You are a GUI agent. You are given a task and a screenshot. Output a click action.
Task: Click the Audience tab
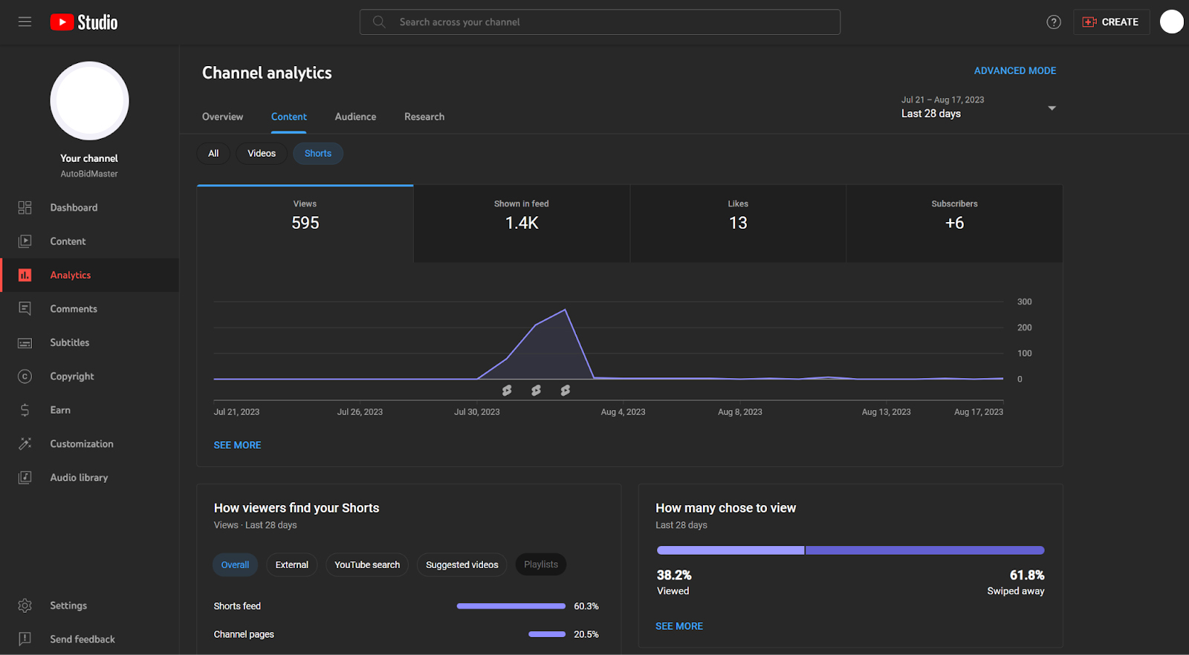coord(355,117)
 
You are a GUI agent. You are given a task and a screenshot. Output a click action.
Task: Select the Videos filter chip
coord(262,153)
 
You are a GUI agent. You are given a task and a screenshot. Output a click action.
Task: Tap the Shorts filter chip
coord(318,153)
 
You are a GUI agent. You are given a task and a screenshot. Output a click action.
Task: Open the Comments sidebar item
coord(74,309)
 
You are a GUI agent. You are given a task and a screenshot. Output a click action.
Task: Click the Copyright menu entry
coord(71,376)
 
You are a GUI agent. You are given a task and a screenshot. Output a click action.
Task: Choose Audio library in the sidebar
coord(79,478)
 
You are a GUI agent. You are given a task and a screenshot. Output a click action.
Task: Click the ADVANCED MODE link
coord(1015,71)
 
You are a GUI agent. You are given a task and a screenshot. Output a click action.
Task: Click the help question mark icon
coord(1054,22)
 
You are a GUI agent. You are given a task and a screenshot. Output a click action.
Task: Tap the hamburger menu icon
coord(25,22)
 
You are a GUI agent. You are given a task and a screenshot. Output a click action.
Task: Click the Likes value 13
coord(738,223)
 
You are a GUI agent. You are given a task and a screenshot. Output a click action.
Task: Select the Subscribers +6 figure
coord(954,223)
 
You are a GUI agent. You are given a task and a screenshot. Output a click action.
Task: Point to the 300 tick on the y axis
coord(1025,302)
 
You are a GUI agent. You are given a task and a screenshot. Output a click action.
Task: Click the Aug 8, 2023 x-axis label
coord(740,411)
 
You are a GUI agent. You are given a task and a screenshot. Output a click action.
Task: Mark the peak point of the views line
coord(566,309)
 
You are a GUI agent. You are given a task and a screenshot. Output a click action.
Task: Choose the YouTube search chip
coord(367,564)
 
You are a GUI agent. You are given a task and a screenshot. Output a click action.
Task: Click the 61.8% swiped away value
coord(1026,575)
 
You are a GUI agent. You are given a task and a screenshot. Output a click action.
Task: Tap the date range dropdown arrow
coord(1052,108)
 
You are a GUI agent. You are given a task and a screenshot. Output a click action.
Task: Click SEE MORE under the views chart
coord(237,445)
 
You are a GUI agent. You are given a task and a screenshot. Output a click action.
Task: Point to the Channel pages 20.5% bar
coord(547,634)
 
